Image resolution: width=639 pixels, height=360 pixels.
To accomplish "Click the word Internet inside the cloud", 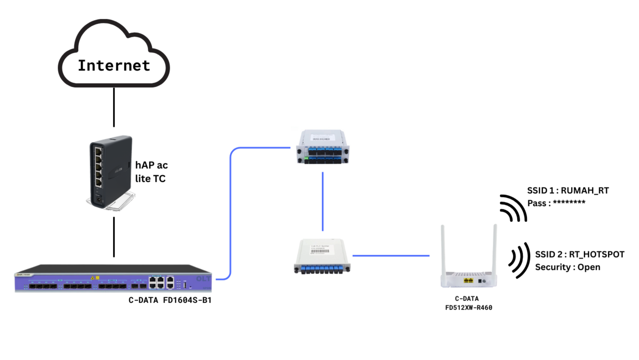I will click(114, 66).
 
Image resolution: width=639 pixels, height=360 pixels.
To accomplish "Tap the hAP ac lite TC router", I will click(110, 172).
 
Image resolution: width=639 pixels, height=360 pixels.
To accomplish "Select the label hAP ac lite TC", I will click(151, 172).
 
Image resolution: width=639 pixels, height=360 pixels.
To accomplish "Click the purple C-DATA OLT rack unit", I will click(113, 279).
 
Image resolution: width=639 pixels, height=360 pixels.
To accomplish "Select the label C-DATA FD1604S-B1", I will click(170, 300).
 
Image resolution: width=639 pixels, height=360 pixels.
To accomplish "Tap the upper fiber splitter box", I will click(323, 147).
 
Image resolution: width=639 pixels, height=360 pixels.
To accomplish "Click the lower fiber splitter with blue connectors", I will click(322, 257).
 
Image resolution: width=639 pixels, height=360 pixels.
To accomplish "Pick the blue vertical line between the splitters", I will click(323, 202).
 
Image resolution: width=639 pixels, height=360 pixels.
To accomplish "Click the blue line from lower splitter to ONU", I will click(391, 256).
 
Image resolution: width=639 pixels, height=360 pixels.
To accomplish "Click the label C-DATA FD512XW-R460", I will click(468, 303).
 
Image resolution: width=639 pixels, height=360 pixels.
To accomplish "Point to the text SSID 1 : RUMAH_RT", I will click(568, 190).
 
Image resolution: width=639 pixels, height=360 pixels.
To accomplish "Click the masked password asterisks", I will click(569, 203).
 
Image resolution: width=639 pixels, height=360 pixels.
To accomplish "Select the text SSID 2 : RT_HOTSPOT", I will click(580, 254).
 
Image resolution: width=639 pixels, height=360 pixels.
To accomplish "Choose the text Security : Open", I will click(567, 267).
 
